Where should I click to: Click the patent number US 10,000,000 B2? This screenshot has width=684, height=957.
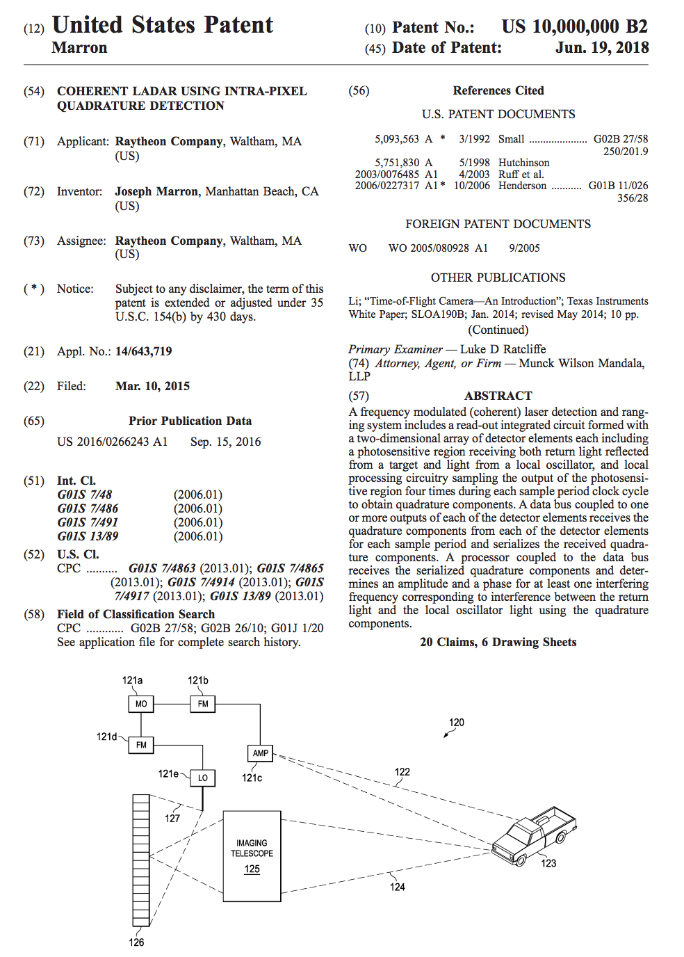[574, 27]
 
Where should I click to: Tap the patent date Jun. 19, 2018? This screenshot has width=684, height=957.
[602, 48]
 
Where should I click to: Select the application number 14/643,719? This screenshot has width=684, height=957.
[143, 351]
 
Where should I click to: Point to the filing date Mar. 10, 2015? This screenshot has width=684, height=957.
[152, 386]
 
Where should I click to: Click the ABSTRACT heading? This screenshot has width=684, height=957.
[498, 396]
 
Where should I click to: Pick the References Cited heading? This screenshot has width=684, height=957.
[498, 90]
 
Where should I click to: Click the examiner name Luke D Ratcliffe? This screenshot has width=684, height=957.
[503, 349]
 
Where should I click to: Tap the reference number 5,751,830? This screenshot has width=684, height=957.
[397, 163]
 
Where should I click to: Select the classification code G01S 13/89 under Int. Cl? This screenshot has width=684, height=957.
[88, 536]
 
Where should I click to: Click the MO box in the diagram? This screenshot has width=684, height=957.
[141, 704]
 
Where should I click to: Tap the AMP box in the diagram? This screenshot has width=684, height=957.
[261, 753]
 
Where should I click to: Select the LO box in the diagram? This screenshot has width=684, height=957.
[203, 778]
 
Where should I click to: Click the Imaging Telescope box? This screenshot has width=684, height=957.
[252, 856]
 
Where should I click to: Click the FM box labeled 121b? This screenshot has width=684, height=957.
[203, 704]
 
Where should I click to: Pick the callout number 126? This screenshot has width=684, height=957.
[136, 942]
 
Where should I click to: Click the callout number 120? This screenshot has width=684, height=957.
[457, 723]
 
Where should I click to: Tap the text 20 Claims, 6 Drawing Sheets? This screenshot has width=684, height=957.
[498, 642]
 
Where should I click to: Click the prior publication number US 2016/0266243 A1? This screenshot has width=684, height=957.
[112, 442]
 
